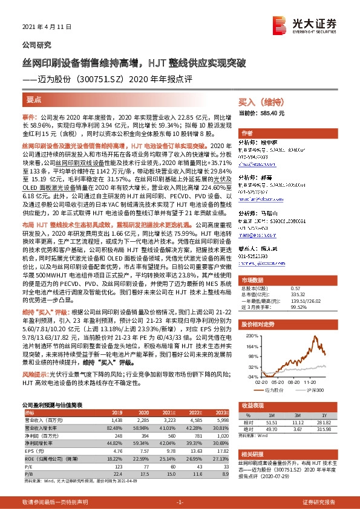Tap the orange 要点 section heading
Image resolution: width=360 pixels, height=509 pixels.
tap(34, 97)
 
